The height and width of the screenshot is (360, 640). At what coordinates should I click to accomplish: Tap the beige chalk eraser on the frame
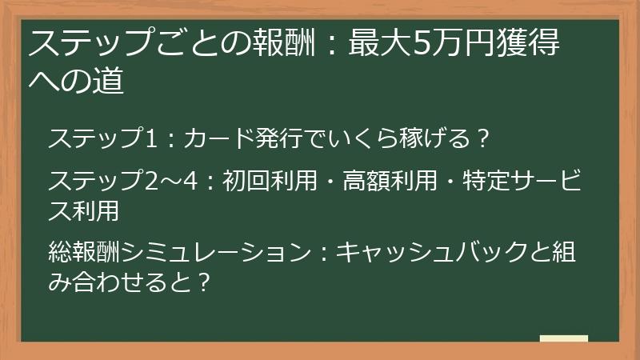coord(563,338)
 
